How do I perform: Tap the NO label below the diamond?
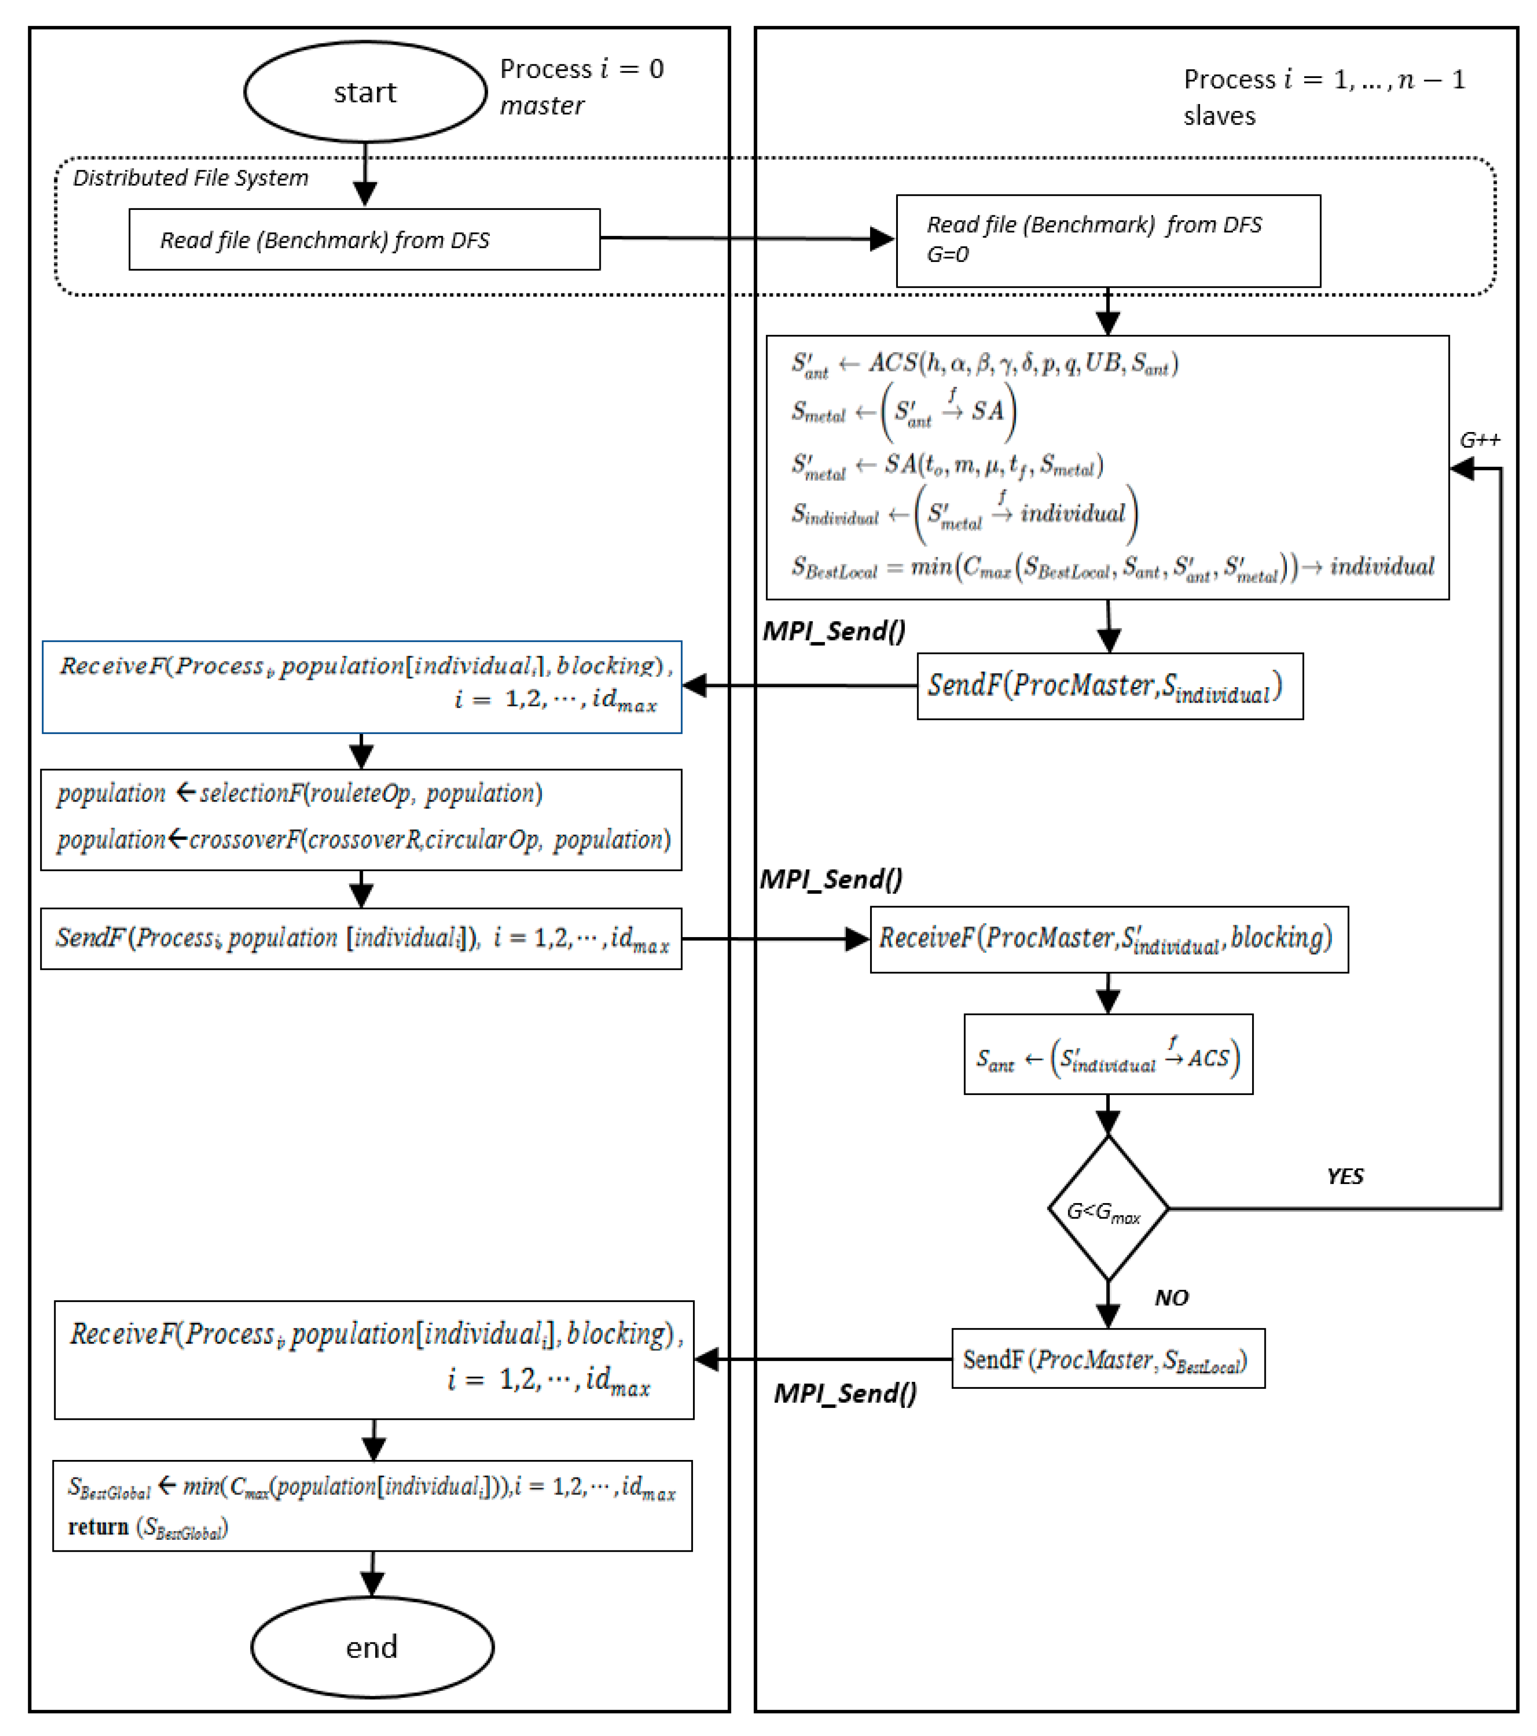pos(1171,1298)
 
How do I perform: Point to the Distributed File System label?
pos(190,177)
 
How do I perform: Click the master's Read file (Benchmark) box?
pos(364,240)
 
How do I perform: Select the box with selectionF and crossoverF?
pos(361,819)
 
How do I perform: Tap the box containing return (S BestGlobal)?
pos(372,1506)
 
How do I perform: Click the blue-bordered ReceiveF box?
pos(361,686)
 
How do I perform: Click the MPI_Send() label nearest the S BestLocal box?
pos(845,1394)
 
